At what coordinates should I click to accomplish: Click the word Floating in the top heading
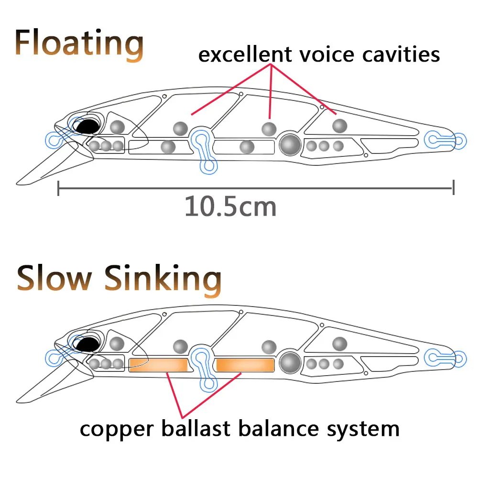coord(79,44)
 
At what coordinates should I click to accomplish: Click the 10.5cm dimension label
coord(230,206)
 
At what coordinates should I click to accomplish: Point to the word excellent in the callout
coord(245,54)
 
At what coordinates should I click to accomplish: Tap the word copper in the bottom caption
coord(117,430)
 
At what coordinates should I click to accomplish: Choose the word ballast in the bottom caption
coord(196,428)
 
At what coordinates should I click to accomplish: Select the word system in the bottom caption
coord(363,430)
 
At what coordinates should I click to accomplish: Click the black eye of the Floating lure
coord(88,126)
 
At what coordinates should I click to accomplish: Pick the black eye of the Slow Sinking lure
coord(88,344)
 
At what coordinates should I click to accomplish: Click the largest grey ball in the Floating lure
coord(290,144)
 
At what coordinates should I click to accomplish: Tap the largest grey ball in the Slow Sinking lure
coord(290,362)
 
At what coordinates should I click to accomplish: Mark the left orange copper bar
coord(159,365)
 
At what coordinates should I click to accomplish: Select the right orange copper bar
coord(245,365)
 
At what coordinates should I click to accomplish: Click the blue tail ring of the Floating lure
coord(459,141)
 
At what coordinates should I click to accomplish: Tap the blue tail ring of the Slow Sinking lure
coord(459,359)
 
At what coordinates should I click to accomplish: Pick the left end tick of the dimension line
coord(58,188)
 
